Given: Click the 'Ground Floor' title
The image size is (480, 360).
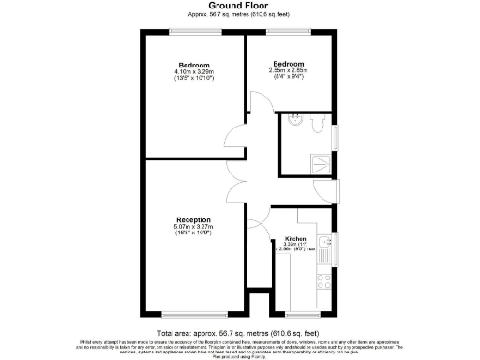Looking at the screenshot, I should coord(239,7).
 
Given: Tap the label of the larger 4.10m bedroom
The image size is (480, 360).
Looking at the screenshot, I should coord(195,65).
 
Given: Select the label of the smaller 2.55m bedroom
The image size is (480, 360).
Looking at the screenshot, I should coord(290,64).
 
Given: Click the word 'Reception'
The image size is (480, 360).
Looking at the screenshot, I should coord(191,219).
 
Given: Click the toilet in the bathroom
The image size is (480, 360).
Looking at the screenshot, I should coord(315,123).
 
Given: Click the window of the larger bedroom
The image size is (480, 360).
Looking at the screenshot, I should coord(195,32).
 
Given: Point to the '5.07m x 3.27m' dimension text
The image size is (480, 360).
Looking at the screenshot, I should coord(191,226).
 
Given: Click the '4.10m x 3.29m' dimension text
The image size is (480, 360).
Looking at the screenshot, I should coord(195,71).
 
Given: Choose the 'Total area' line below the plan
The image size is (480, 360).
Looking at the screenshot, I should coord(239,332).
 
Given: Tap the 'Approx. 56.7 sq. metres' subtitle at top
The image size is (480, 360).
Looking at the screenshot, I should coord(239,16).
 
